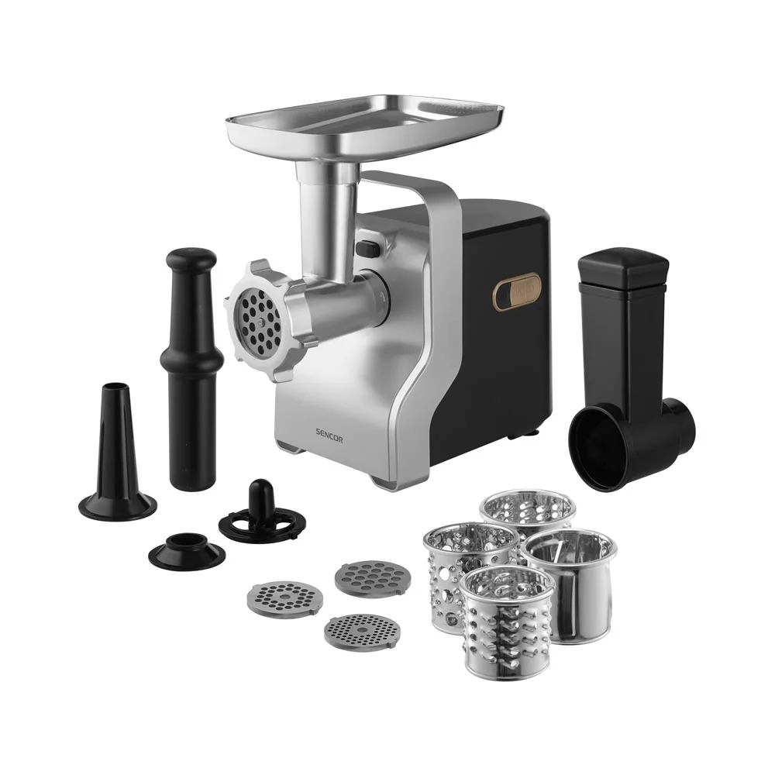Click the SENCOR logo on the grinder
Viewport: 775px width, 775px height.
point(329,439)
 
